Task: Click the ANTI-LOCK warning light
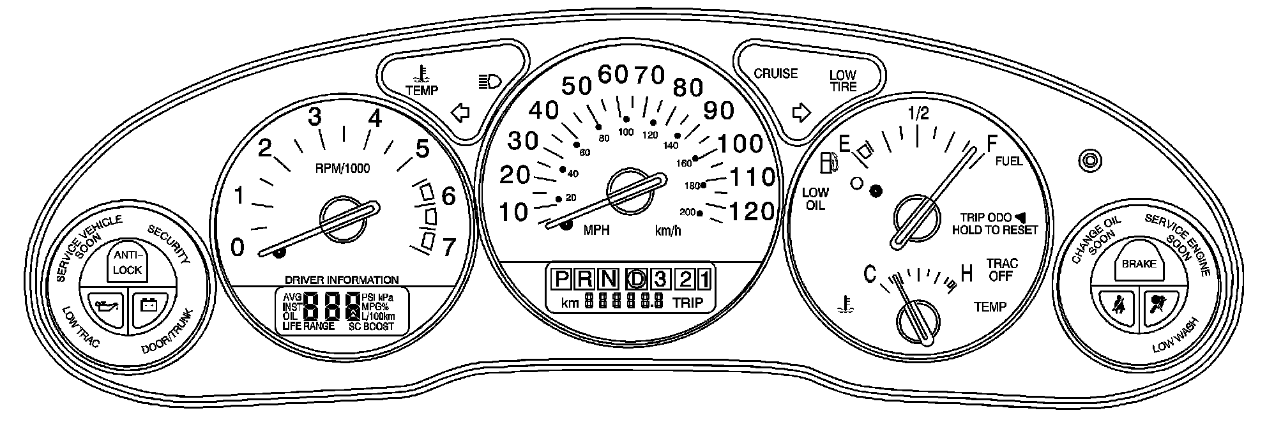click(x=127, y=262)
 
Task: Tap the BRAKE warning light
click(x=1139, y=264)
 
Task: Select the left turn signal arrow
click(x=460, y=113)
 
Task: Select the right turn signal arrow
click(x=801, y=113)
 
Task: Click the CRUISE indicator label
click(x=776, y=73)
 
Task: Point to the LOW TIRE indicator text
click(x=843, y=81)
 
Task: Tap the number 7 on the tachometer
click(x=449, y=246)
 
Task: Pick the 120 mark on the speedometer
click(x=751, y=211)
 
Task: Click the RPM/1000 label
click(x=342, y=169)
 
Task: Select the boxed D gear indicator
click(x=636, y=278)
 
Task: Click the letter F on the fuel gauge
click(x=992, y=144)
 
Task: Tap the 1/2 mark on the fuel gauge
click(x=918, y=114)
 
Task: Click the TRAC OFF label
click(x=1002, y=269)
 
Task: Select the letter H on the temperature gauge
click(x=967, y=275)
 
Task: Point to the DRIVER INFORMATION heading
click(x=342, y=280)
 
